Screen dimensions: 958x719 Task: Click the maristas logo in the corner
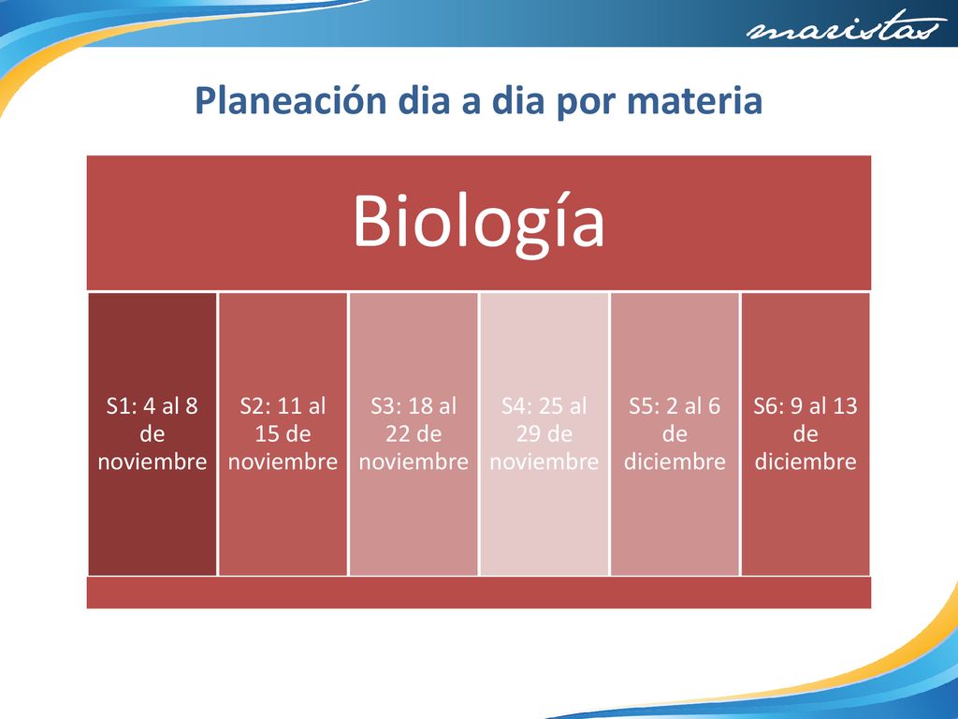845,27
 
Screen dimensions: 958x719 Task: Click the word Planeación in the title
291,99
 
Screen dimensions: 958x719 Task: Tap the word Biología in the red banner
478,222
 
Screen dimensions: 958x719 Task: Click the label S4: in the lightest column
516,406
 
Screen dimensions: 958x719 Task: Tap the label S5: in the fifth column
646,406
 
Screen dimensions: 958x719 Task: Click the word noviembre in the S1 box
152,462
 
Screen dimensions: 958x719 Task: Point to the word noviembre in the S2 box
283,462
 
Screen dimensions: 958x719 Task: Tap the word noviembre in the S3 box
414,462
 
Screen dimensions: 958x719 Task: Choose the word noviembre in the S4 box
544,462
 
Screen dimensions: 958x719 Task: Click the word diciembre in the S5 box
675,462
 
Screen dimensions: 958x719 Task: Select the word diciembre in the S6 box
806,462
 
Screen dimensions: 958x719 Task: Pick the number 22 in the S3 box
398,434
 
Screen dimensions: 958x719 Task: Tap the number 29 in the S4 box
529,434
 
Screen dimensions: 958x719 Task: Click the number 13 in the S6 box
845,406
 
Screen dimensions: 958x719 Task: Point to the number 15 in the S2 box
267,434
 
